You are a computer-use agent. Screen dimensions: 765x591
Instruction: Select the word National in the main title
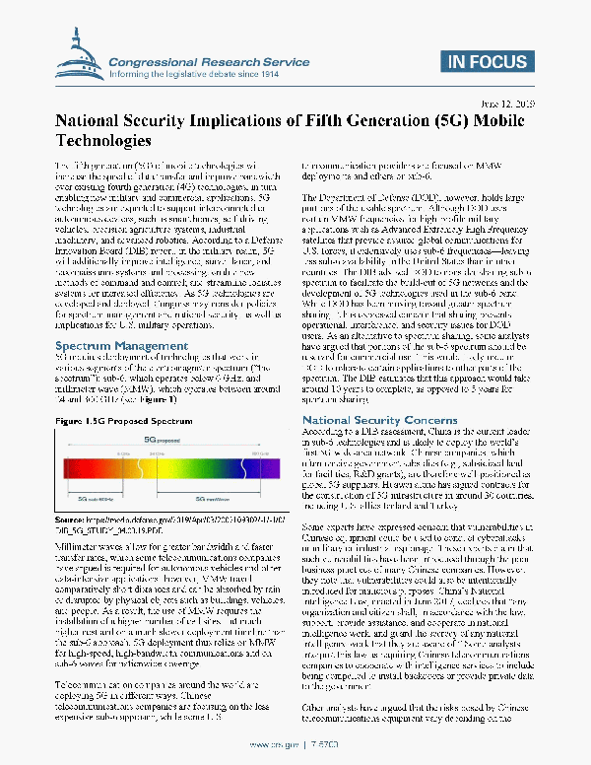[x=92, y=120]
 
